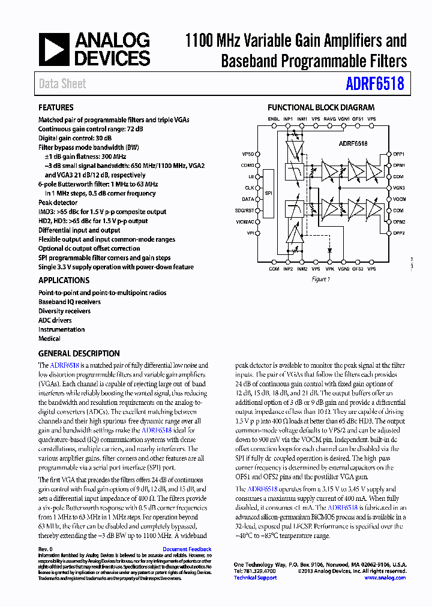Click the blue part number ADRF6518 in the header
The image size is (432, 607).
pyautogui.click(x=374, y=84)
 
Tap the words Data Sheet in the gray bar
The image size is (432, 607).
pyautogui.click(x=62, y=84)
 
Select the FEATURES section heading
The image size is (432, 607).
pyautogui.click(x=56, y=108)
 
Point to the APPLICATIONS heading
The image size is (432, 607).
pyautogui.click(x=64, y=280)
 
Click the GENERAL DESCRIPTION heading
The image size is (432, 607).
pyautogui.click(x=79, y=353)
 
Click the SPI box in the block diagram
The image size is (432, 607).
pyautogui.click(x=268, y=194)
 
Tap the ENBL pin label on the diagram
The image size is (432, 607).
pyautogui.click(x=274, y=119)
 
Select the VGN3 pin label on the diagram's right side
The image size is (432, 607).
pyautogui.click(x=400, y=188)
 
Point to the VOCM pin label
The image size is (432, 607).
pyautogui.click(x=400, y=199)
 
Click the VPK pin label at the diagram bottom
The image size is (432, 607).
pyautogui.click(x=329, y=269)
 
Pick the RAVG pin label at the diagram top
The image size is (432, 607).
pyautogui.click(x=329, y=119)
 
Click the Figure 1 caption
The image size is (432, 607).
pyautogui.click(x=320, y=279)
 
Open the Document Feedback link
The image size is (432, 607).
pyautogui.click(x=187, y=549)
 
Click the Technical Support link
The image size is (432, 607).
pyautogui.click(x=255, y=578)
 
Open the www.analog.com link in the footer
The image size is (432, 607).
pyautogui.click(x=385, y=578)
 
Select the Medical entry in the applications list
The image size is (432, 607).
pyautogui.click(x=49, y=338)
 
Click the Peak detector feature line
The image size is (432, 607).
pyautogui.click(x=58, y=203)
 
